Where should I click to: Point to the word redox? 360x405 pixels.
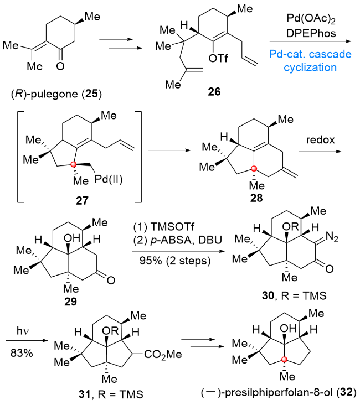coord(321,141)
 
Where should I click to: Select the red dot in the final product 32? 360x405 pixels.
coord(285,362)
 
